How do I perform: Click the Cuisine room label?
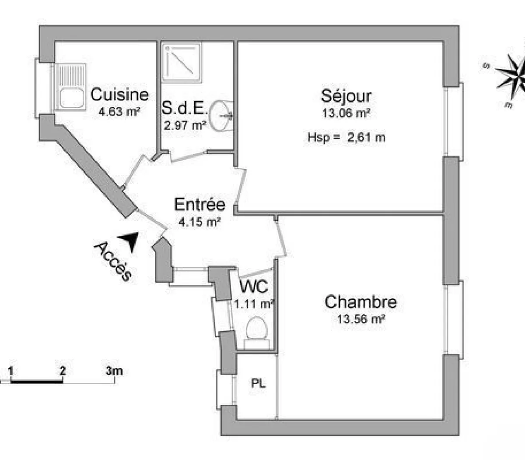pos(119,94)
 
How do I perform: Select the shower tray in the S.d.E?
pos(182,62)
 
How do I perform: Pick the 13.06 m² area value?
pos(346,113)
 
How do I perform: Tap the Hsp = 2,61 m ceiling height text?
pos(346,137)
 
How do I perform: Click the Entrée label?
pos(199,204)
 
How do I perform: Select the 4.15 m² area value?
pos(199,222)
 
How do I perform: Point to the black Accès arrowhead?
pos(130,239)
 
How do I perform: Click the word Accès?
pos(113,261)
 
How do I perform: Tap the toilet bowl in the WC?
pos(256,329)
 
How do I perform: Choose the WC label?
pos(254,287)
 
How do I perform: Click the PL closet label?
pos(258,384)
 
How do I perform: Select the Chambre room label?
pos(361,302)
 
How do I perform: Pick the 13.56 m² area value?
pos(361,319)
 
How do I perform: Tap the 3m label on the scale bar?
pos(114,371)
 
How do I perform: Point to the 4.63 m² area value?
pos(119,111)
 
